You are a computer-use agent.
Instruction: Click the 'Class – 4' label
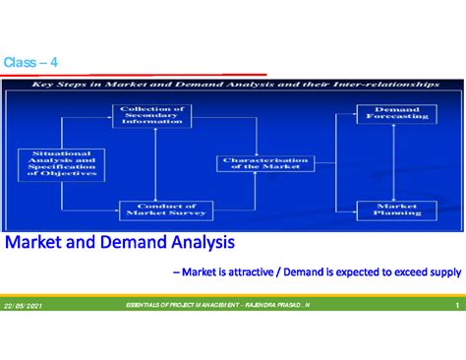[x=30, y=63]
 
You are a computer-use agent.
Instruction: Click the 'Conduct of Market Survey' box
[x=153, y=209]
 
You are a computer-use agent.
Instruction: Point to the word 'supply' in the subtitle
[x=442, y=271]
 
